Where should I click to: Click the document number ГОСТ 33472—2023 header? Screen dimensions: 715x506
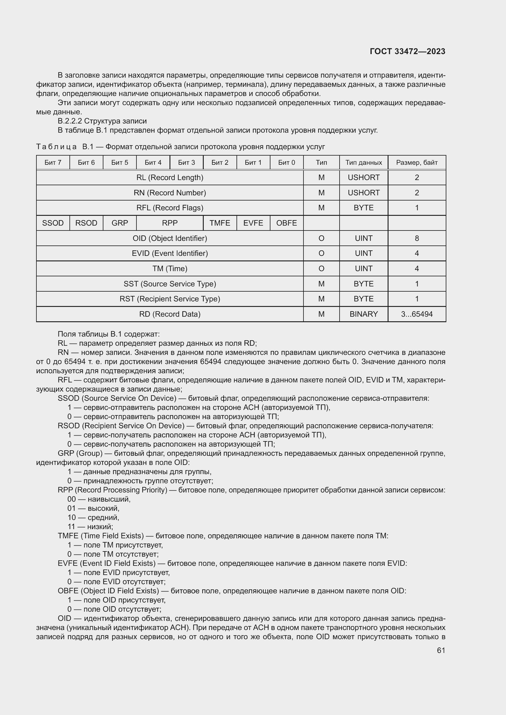coord(407,51)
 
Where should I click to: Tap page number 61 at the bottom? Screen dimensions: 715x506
coord(441,650)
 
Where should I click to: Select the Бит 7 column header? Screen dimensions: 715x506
coord(53,163)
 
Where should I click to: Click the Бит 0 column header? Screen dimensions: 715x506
coord(286,163)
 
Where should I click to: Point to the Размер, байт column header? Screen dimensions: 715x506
coord(417,163)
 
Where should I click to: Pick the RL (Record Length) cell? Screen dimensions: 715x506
coord(170,178)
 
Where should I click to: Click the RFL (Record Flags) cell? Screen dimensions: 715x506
coord(170,208)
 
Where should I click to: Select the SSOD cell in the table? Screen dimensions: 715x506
coord(53,223)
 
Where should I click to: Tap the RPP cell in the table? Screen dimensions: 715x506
coord(170,223)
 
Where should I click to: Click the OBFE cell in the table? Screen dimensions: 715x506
coord(286,223)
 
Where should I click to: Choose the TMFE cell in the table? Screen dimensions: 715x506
coord(220,223)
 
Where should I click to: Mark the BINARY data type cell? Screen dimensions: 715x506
coord(364,314)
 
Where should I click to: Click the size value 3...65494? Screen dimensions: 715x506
coord(417,314)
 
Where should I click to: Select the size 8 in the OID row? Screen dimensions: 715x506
coord(417,238)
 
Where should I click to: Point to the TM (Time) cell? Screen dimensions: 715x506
coord(170,268)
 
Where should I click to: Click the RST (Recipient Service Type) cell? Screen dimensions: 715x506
coord(170,299)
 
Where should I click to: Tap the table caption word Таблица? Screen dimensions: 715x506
coord(56,147)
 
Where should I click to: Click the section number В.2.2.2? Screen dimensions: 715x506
coord(70,121)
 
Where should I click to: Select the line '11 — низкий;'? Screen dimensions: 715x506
coord(90,527)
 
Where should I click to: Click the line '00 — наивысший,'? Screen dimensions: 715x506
coord(99,499)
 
